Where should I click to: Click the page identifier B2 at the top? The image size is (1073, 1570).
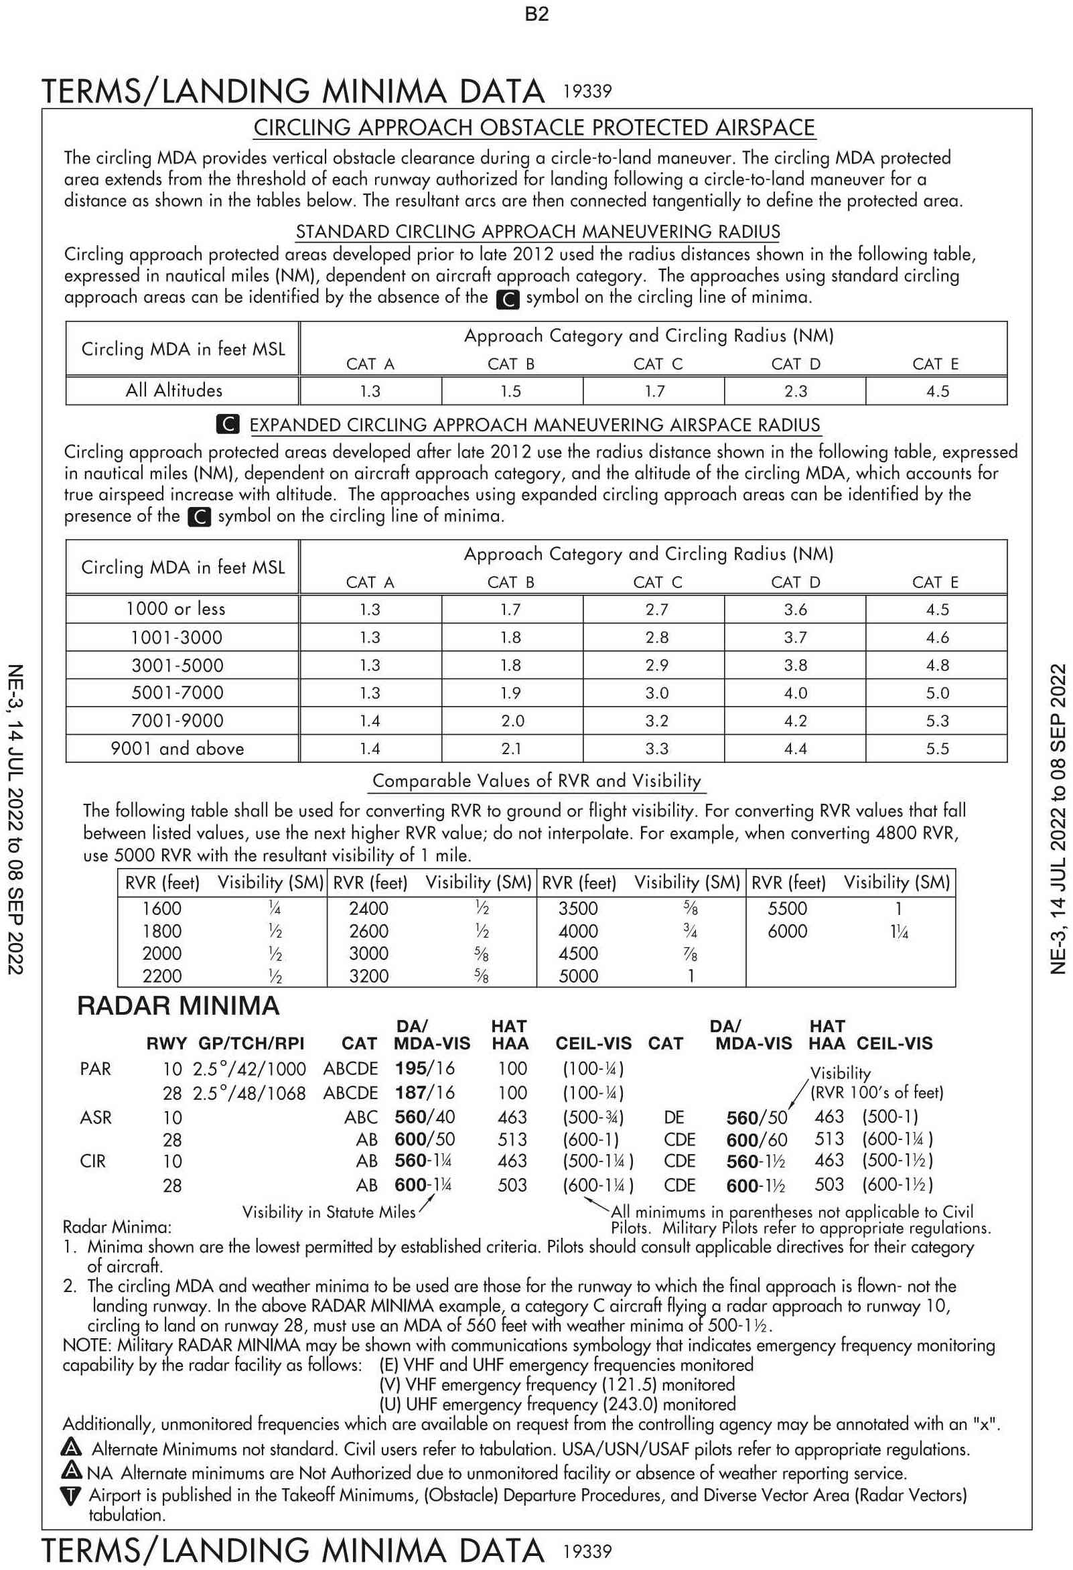[x=536, y=14]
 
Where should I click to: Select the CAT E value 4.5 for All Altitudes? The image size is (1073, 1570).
[x=937, y=391]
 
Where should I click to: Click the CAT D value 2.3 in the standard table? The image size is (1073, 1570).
[x=795, y=391]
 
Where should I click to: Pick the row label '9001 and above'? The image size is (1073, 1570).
[x=177, y=749]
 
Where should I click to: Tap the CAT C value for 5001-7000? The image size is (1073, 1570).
[x=656, y=693]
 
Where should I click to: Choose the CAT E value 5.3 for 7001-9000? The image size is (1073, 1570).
[x=937, y=721]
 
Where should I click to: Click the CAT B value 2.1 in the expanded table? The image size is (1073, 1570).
[x=511, y=749]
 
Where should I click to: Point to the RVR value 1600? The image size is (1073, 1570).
[x=161, y=909]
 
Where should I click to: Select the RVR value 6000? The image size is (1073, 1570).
[x=787, y=931]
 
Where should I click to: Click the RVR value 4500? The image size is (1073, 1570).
[x=578, y=953]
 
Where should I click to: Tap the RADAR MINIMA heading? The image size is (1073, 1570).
[x=178, y=1006]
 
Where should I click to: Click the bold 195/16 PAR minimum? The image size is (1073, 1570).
[x=425, y=1068]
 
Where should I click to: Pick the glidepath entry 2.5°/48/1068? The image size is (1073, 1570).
[x=249, y=1093]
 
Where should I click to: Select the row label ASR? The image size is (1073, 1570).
[x=95, y=1117]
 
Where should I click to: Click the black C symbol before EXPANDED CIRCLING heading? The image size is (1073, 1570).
[x=228, y=424]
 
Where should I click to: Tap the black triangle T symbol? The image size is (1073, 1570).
[x=71, y=1496]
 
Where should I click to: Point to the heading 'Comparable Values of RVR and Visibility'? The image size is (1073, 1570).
[x=537, y=781]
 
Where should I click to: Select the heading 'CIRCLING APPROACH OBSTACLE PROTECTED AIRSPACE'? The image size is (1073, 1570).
[x=534, y=128]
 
